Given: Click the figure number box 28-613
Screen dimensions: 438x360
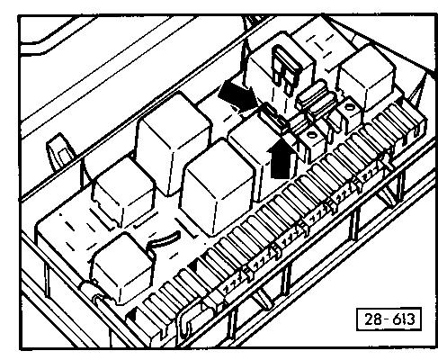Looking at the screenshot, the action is tap(389, 319).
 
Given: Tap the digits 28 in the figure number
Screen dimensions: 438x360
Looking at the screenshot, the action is tap(372, 319).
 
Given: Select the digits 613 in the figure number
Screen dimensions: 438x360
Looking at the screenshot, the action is tap(404, 319).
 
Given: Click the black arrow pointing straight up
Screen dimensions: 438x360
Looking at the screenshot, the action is tap(281, 158).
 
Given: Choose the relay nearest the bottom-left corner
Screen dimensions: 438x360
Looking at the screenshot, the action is tap(122, 268).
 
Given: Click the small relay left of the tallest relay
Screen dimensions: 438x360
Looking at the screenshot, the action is tap(123, 191).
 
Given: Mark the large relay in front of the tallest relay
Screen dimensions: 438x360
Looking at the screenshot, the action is tap(217, 187).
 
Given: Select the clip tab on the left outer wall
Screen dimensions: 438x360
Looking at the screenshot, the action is tap(60, 152).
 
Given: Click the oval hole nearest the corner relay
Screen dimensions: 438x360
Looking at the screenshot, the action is tap(349, 106).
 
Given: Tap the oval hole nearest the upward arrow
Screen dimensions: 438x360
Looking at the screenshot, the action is tap(312, 135).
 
